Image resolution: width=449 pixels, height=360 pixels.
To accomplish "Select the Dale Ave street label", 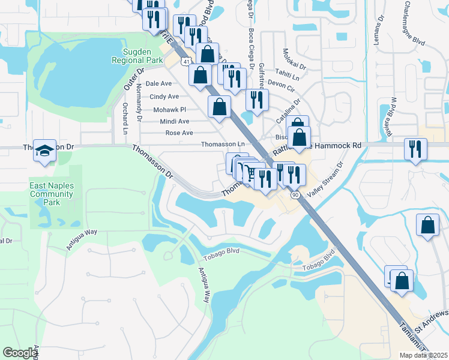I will tap(158, 84).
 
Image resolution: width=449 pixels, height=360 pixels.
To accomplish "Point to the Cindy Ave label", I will tap(164, 97).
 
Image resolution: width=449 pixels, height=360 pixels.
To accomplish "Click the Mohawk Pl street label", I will tap(170, 110).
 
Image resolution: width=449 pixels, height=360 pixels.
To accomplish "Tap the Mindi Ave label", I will tap(175, 121).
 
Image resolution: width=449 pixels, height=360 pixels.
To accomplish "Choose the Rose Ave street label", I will tap(179, 133).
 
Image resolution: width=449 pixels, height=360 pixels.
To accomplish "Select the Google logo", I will tap(20, 353).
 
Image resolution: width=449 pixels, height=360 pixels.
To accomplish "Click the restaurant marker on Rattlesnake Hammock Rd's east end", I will tap(415, 148).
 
